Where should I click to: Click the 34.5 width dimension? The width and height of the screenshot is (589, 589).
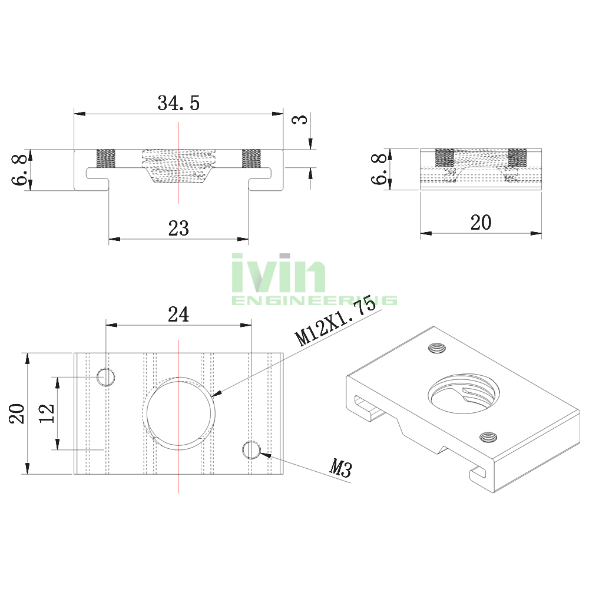click(178, 103)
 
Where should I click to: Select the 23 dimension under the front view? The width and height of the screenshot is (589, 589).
click(178, 229)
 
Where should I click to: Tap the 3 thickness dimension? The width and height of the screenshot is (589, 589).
click(300, 120)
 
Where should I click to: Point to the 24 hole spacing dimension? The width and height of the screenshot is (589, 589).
click(178, 315)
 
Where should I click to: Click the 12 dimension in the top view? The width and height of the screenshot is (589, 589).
click(47, 413)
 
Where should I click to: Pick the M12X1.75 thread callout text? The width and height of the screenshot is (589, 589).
click(335, 320)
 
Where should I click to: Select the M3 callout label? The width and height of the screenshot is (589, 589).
click(340, 468)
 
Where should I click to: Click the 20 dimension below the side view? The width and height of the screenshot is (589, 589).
click(481, 223)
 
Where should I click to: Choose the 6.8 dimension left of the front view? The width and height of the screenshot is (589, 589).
click(19, 170)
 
